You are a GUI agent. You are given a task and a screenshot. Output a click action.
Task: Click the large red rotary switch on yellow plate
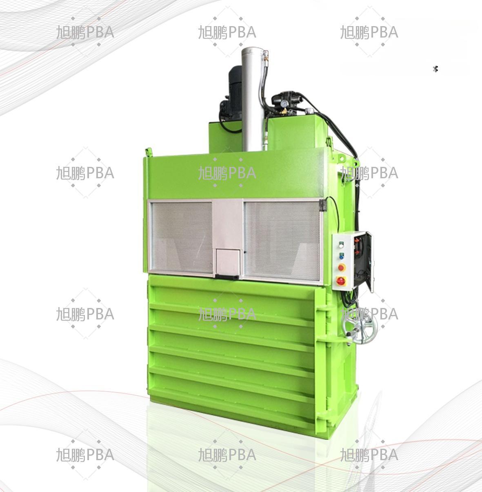[x=341, y=281]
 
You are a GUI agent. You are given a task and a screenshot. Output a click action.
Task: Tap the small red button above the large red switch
[x=341, y=267]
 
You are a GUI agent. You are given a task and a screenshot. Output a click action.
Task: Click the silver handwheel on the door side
[x=360, y=328]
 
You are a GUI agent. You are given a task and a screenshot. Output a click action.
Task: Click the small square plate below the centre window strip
[x=228, y=262]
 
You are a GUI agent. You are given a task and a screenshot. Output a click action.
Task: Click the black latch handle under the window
[x=227, y=277]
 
